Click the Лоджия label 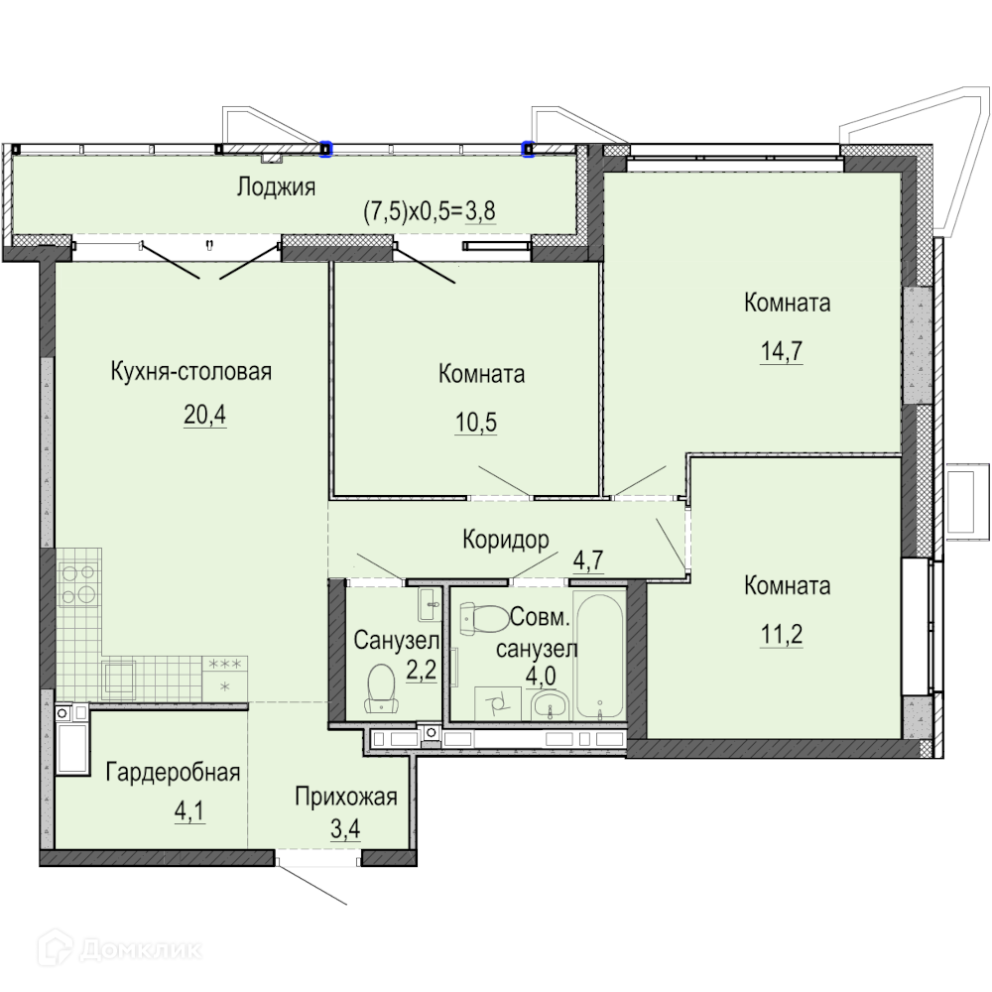point(276,187)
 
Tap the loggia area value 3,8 point(480,211)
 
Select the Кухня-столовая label point(191,371)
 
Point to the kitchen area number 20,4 point(205,415)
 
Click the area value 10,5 point(476,422)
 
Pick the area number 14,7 point(782,350)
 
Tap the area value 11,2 point(782,634)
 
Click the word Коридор point(506,540)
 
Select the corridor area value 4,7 point(588,560)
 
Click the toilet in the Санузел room point(382,688)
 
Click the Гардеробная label point(173,773)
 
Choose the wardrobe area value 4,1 point(189,811)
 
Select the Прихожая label point(346,798)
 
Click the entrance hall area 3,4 point(345,828)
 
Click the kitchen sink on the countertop point(118,679)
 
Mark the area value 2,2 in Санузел point(422,670)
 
